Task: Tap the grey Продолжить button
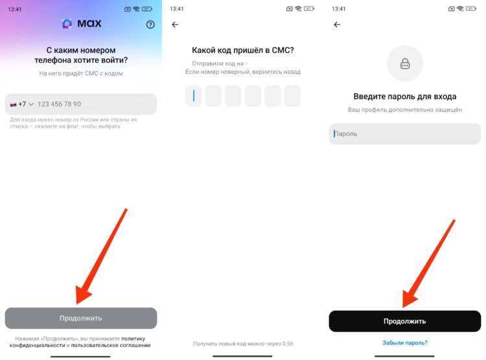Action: (80, 318)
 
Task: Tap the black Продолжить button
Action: (404, 321)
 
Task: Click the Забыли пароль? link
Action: (404, 343)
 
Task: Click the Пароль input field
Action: (404, 134)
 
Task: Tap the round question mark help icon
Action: (150, 25)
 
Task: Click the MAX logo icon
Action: (67, 24)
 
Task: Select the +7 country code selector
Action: (21, 104)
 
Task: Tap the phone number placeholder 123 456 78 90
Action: (59, 104)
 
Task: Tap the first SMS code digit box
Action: (193, 96)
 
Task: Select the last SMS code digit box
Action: (292, 96)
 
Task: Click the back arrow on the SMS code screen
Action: (174, 25)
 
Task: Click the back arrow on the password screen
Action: (336, 25)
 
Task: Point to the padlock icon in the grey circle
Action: (404, 63)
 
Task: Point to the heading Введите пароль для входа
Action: (404, 96)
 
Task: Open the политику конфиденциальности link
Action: (133, 338)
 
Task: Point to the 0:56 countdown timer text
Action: (288, 343)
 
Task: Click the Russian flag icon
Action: (13, 104)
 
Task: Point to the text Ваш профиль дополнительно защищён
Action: (404, 110)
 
